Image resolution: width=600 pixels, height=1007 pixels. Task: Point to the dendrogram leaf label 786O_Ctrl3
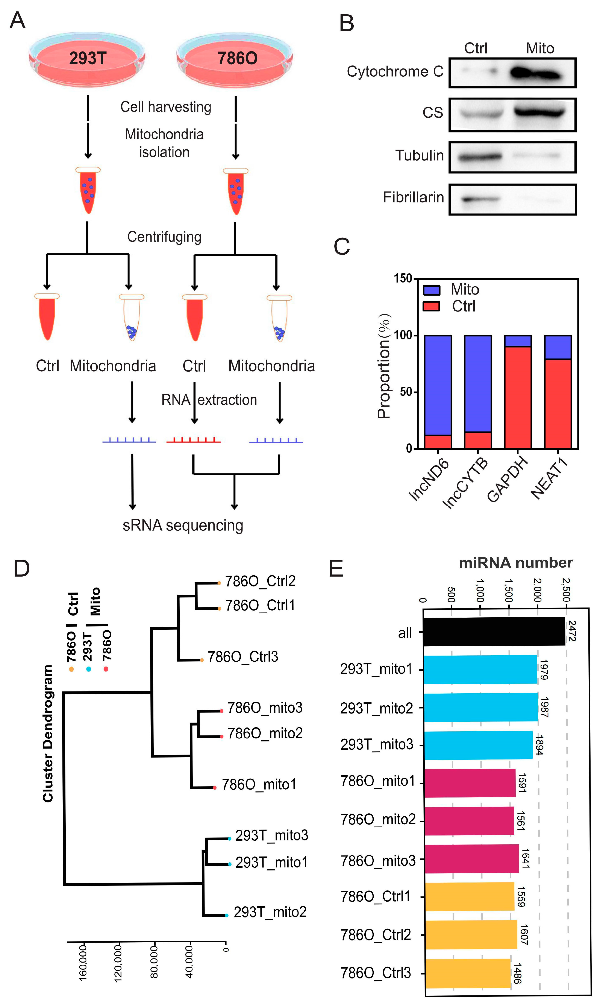click(x=242, y=656)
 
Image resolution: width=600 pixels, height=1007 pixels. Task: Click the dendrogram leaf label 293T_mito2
click(x=270, y=912)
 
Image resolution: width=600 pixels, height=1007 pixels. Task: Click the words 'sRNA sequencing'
click(x=183, y=525)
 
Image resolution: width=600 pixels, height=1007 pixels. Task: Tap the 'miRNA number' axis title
click(x=515, y=563)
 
